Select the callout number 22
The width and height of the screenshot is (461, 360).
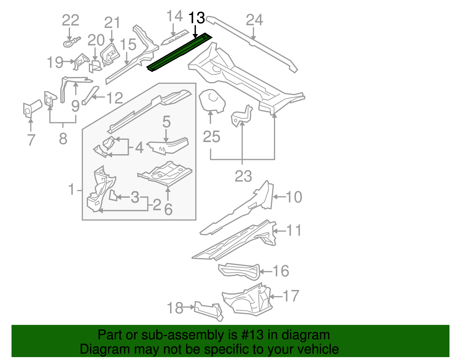(71, 20)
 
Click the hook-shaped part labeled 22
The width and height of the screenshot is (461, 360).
(71, 43)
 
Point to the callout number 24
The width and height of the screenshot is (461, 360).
(254, 20)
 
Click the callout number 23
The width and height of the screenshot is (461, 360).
(243, 176)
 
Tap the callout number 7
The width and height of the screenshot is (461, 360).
(31, 140)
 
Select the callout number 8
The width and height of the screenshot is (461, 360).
(63, 139)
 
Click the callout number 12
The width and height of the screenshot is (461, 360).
(115, 98)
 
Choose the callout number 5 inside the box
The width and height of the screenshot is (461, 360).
(166, 122)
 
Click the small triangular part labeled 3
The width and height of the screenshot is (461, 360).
(113, 195)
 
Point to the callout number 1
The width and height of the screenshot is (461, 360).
(72, 190)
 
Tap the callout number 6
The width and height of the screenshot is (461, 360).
(168, 209)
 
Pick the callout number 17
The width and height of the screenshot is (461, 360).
(291, 296)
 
